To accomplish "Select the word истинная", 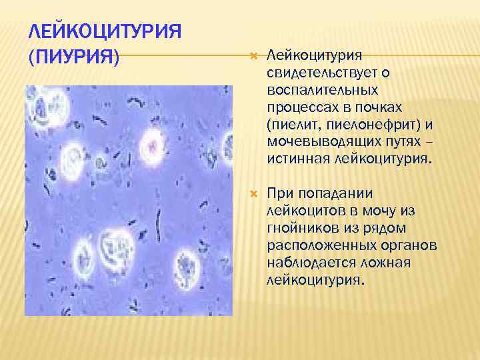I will (291, 159).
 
